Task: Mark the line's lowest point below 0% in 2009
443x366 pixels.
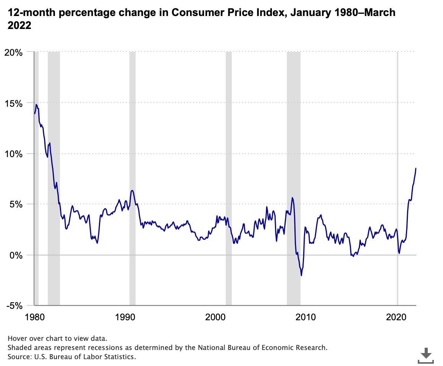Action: coord(301,275)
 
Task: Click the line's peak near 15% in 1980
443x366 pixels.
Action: coord(36,104)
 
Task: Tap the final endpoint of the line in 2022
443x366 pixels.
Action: coord(416,168)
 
